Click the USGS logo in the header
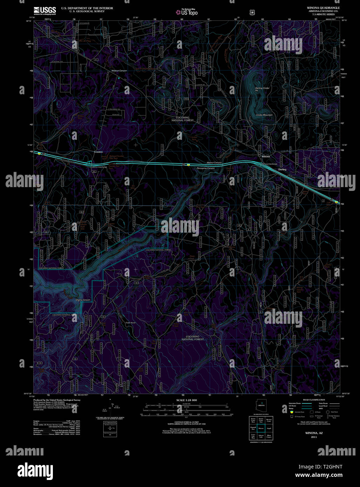pyautogui.click(x=44, y=10)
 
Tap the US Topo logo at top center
pyautogui.click(x=187, y=12)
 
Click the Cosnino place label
pyautogui.click(x=98, y=152)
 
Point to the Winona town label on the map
pyautogui.click(x=266, y=156)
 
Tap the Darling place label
pyautogui.click(x=282, y=169)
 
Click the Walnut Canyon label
pyautogui.click(x=214, y=163)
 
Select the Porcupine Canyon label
pyautogui.click(x=206, y=168)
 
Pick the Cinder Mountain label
pyautogui.click(x=264, y=115)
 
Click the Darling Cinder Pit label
pyautogui.click(x=262, y=89)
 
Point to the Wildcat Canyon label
pyautogui.click(x=119, y=70)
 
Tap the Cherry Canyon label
pyautogui.click(x=83, y=300)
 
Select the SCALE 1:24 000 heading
pyautogui.click(x=187, y=400)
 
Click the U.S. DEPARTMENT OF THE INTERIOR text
pyautogui.click(x=87, y=8)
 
